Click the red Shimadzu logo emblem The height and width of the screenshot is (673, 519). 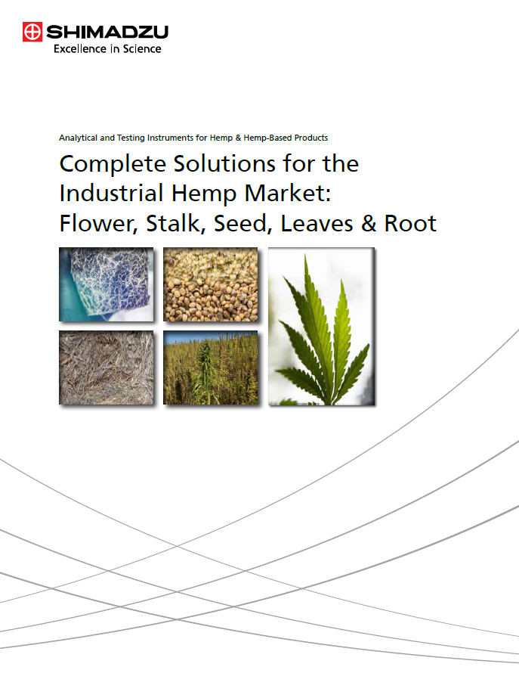coord(32,33)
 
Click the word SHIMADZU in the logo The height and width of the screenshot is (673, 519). coord(107,33)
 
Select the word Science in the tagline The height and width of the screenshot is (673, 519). coord(142,49)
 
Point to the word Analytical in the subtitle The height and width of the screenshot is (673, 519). coord(78,138)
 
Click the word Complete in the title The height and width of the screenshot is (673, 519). coord(113,164)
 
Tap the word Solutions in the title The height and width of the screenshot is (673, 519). coord(224,163)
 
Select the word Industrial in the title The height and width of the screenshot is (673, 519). coord(111,193)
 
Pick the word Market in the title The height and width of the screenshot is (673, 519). coord(287,193)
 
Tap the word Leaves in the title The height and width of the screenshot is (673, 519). coord(317,223)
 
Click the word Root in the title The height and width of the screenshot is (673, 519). coord(410,223)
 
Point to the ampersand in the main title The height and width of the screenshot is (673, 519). coord(369,223)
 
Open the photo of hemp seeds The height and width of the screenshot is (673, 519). coord(211,284)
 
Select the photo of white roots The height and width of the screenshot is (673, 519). coord(107,284)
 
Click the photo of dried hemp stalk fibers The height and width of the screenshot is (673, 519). coord(107,368)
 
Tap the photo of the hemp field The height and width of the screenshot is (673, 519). coord(211,368)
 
